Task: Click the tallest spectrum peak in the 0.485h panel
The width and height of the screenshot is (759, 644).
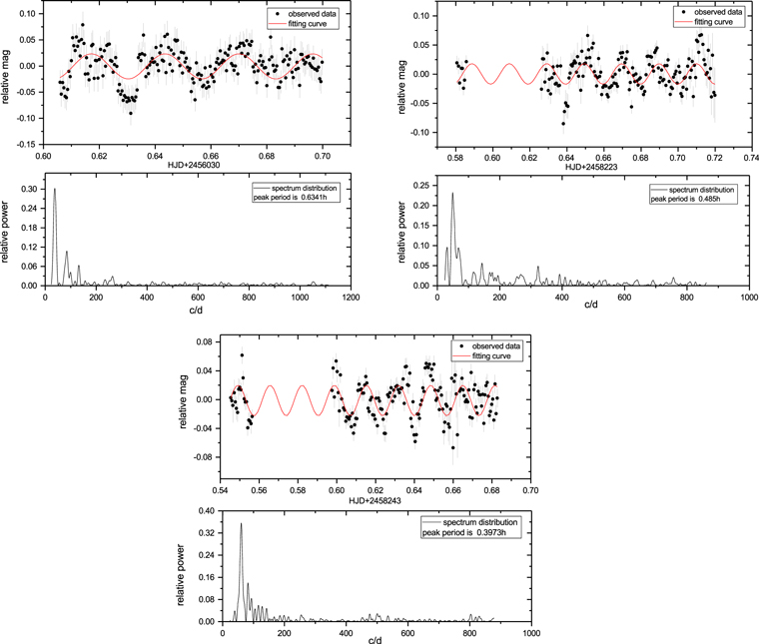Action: tap(452, 194)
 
